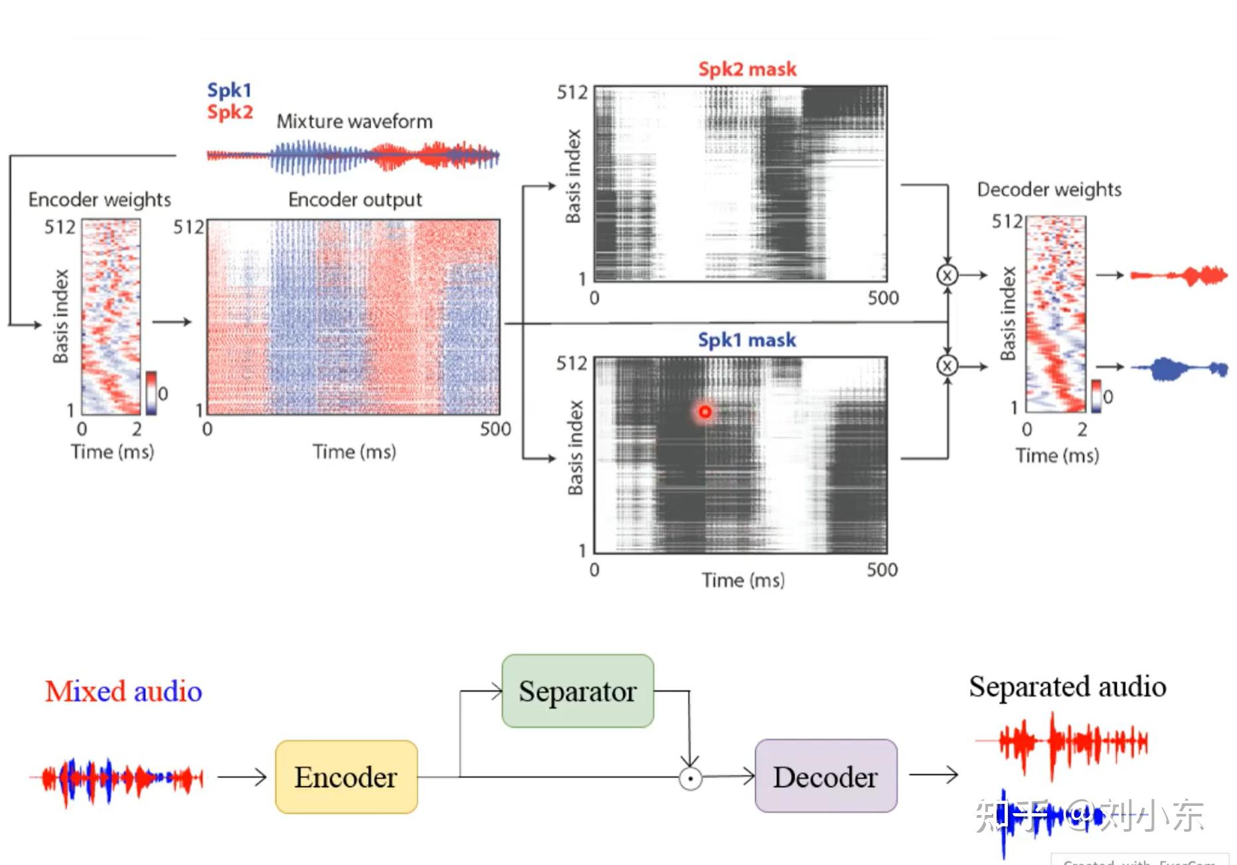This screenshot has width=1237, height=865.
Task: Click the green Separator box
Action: (578, 691)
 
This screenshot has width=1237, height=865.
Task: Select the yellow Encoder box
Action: (346, 777)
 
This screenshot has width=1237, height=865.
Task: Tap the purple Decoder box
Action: (825, 776)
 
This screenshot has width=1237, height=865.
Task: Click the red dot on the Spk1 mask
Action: (704, 412)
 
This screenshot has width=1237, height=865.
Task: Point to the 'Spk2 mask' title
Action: (747, 69)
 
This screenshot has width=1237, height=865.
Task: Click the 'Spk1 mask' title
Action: (746, 340)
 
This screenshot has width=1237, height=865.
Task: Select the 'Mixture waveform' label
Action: (355, 122)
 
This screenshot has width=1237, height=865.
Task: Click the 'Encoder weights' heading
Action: (100, 199)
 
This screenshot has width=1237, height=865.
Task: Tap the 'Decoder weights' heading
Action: (1049, 190)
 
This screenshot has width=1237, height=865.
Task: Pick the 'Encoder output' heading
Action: (355, 199)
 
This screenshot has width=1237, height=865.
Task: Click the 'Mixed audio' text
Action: (124, 692)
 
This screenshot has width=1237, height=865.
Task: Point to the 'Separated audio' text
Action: (1067, 687)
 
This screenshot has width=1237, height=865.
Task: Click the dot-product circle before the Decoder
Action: (691, 778)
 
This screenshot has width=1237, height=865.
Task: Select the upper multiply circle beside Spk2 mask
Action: (948, 274)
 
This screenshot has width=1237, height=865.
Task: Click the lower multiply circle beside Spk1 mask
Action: (948, 365)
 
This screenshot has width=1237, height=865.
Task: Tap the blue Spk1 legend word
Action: (229, 90)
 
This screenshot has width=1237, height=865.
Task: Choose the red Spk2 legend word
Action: (230, 112)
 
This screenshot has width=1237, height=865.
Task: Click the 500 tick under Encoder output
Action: (495, 429)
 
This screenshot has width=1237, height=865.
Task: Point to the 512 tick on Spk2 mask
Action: (572, 92)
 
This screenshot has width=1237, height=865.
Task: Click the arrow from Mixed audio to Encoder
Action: (242, 777)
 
